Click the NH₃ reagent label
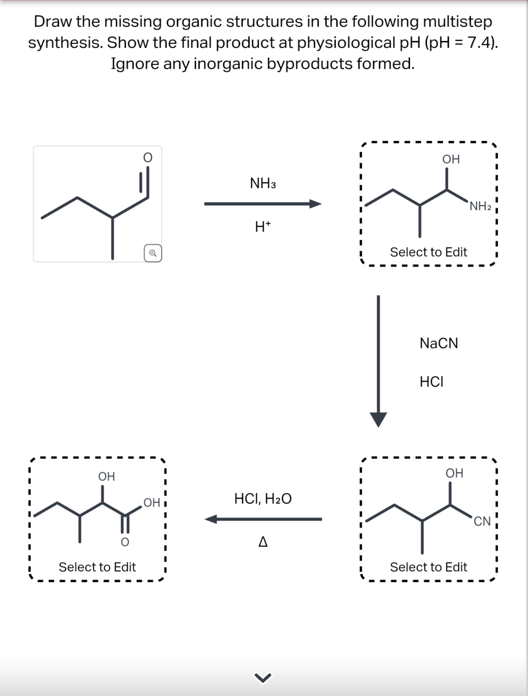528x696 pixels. pyautogui.click(x=263, y=183)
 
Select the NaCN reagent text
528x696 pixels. pyautogui.click(x=439, y=343)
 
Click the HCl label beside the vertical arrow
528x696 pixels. pyautogui.click(x=432, y=382)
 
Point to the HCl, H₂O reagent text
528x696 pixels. pyautogui.click(x=263, y=499)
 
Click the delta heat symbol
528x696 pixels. pyautogui.click(x=263, y=542)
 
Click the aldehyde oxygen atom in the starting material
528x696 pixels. pyautogui.click(x=148, y=157)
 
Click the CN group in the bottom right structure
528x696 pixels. pyautogui.click(x=482, y=521)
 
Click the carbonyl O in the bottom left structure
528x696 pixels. pyautogui.click(x=125, y=542)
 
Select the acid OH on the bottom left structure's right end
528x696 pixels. pyautogui.click(x=152, y=503)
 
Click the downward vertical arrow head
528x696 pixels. pyautogui.click(x=378, y=420)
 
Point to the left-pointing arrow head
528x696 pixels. pyautogui.click(x=211, y=519)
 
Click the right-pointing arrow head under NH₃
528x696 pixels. pyautogui.click(x=315, y=204)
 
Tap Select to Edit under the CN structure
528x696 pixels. pyautogui.click(x=428, y=567)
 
